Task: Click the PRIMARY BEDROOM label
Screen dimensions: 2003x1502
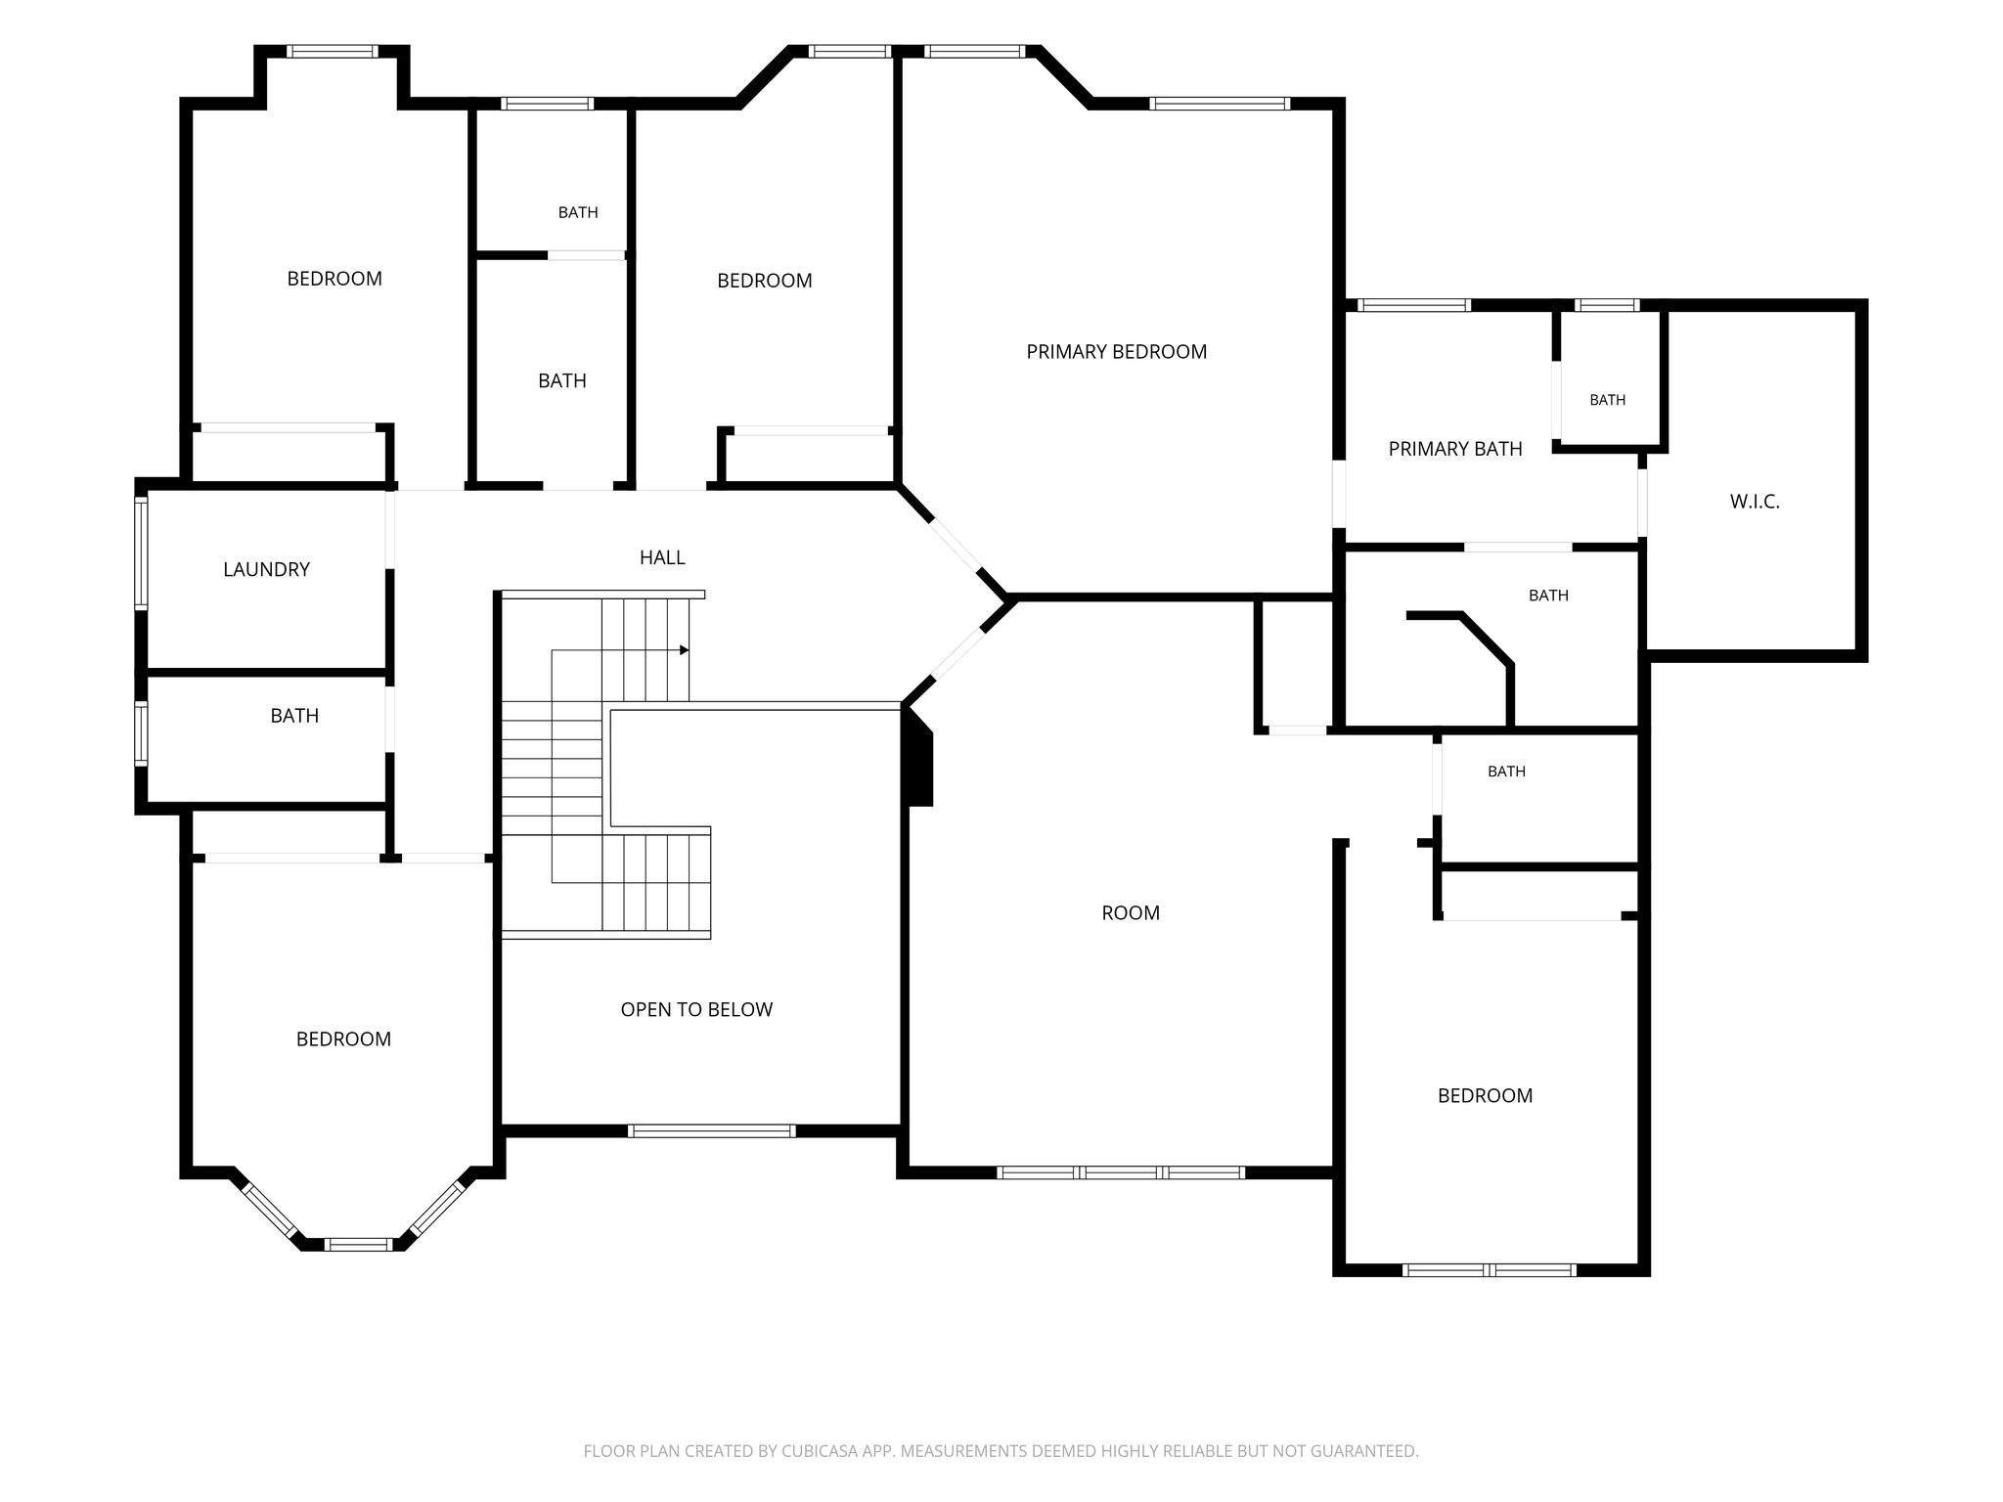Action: point(1116,352)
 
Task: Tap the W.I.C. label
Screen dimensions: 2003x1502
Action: point(1755,502)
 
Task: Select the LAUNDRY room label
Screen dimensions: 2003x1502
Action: point(266,569)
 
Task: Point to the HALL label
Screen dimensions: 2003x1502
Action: point(662,557)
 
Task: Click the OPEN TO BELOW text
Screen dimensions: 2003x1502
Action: point(696,1009)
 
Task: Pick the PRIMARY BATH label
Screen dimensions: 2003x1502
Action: point(1455,449)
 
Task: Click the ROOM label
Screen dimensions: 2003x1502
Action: point(1131,912)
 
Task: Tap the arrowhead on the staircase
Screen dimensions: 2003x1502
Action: point(685,650)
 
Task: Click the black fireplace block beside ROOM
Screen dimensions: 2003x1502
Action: point(920,757)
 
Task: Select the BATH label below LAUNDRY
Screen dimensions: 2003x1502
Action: point(294,716)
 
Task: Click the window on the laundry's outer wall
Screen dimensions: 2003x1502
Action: point(141,553)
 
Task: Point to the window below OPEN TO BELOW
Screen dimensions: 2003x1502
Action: point(711,1130)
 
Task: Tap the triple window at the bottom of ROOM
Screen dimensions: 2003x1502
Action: point(1121,1172)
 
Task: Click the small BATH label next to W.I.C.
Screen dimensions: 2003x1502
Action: point(1608,400)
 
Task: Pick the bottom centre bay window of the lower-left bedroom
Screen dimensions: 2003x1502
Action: point(358,1244)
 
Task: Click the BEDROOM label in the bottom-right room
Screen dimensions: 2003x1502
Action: point(1485,1096)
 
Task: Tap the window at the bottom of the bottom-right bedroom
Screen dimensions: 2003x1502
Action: point(1489,1270)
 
